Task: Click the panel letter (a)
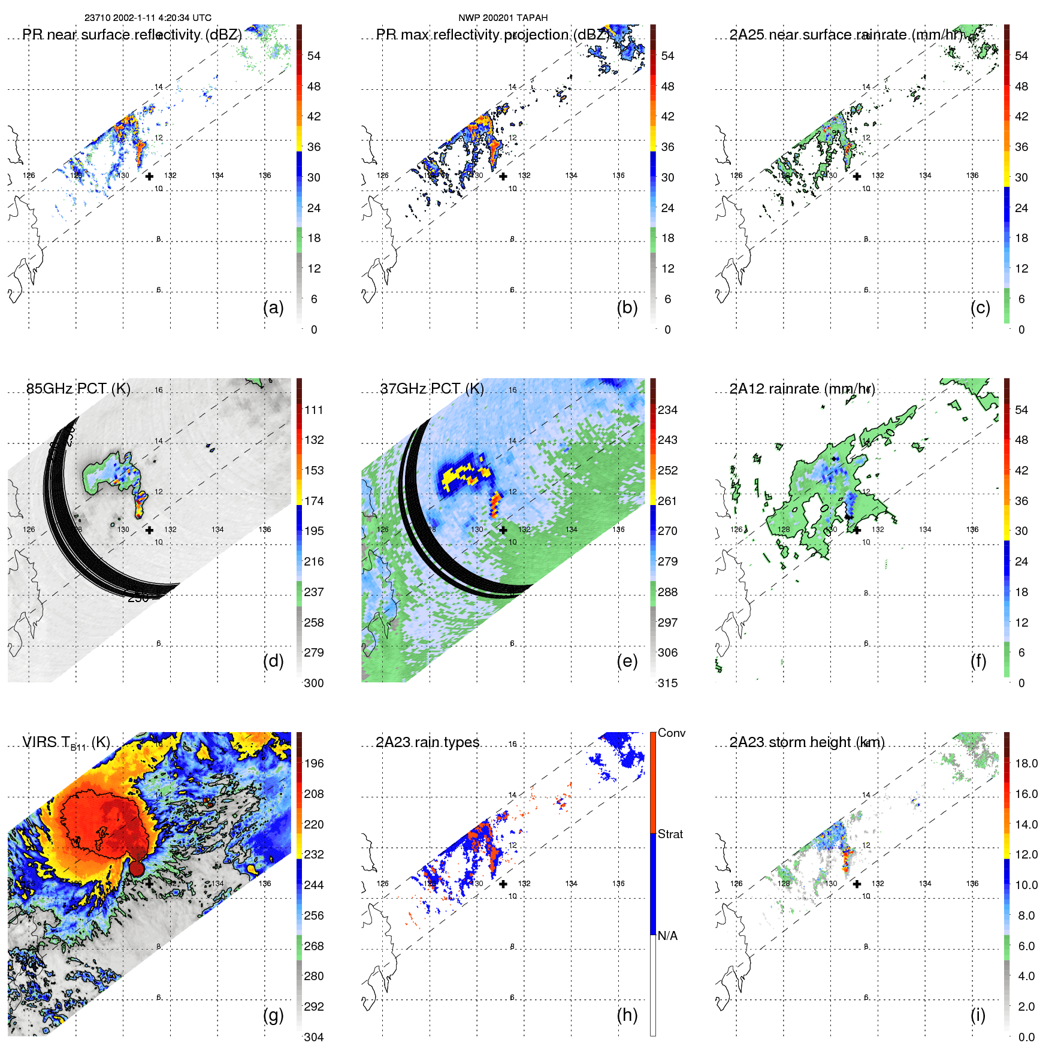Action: click(273, 308)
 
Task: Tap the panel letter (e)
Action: click(627, 661)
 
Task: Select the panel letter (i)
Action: click(978, 1015)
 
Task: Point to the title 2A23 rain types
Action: click(428, 742)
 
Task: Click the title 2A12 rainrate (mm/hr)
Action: click(802, 388)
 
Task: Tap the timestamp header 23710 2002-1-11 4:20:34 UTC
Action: click(148, 18)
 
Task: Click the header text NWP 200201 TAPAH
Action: click(503, 18)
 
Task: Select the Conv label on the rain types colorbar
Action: click(672, 733)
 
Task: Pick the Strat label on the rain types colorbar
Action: click(670, 834)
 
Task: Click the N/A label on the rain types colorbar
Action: click(668, 936)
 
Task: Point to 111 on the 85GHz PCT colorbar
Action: click(314, 410)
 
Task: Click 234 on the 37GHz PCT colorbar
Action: click(667, 410)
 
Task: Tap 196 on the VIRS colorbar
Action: click(314, 763)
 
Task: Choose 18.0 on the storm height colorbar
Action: click(1026, 763)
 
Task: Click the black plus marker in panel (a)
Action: click(149, 176)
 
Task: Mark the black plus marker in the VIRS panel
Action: click(149, 883)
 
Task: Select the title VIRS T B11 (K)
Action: click(66, 743)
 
